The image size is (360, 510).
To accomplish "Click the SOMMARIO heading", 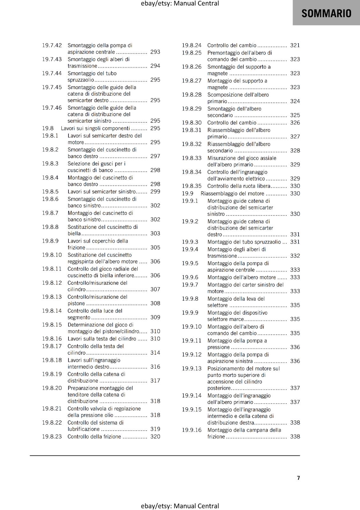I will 326,13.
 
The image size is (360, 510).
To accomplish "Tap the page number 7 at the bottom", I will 298,478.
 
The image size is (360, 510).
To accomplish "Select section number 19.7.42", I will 52,45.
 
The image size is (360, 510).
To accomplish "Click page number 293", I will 155,52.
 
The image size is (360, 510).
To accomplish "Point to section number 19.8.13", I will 52,297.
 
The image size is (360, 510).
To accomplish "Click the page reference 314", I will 155,353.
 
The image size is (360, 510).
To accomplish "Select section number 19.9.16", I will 192,430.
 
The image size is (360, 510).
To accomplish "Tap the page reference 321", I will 295,45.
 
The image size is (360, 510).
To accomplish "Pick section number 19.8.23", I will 52,437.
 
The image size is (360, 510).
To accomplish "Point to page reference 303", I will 155,233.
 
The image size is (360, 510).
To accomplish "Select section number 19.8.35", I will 192,186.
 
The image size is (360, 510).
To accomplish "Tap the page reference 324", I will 295,101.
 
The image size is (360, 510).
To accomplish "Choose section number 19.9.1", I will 190,201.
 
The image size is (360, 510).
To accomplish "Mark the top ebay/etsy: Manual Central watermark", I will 180,4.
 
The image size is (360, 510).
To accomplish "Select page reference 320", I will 155,437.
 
